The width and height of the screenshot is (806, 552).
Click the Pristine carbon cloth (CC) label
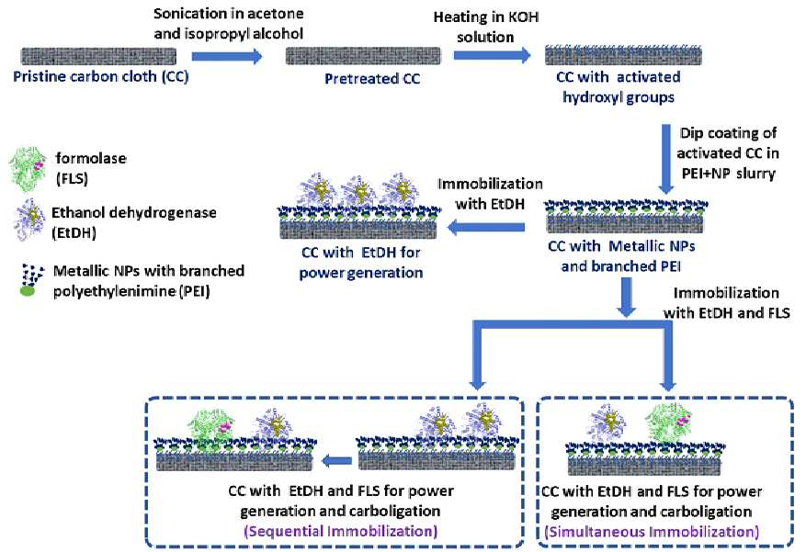pos(101,76)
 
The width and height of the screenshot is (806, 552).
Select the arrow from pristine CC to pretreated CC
pos(227,56)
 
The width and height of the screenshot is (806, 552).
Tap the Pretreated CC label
pos(372,79)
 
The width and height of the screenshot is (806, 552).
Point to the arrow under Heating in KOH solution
pos(492,55)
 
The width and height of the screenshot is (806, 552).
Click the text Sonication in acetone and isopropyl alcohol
pos(229,24)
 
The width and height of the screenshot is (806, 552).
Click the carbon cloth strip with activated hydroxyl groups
pos(623,55)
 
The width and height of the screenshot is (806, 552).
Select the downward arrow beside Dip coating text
pos(666,159)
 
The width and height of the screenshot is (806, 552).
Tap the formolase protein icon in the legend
pos(28,168)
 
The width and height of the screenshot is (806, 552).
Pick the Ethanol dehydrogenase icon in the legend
pos(29,220)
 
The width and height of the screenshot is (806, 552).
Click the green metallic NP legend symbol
pos(28,290)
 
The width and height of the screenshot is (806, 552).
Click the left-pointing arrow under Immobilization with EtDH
pos(486,227)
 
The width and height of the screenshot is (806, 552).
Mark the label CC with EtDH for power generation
pos(361,262)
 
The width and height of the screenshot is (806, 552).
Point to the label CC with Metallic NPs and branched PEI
pos(621,255)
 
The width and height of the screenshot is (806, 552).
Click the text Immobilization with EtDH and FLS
pos(726,302)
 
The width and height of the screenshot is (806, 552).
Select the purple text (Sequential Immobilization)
pos(340,531)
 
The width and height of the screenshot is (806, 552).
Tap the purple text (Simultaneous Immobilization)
pos(652,531)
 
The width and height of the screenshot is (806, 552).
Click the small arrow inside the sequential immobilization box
pos(336,460)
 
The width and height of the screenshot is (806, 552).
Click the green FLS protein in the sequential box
pos(210,425)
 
